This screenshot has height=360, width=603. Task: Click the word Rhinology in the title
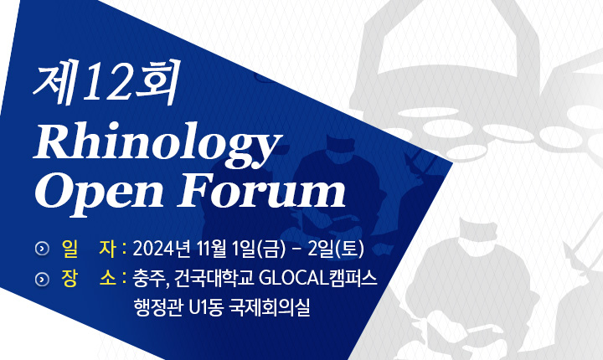(x=157, y=144)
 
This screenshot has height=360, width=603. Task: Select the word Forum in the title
(x=261, y=190)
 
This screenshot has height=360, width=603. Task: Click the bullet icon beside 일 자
(x=42, y=249)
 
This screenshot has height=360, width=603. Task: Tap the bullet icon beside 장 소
(x=42, y=279)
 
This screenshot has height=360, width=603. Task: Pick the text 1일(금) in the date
(x=259, y=249)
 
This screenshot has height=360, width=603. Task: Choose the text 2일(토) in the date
(x=336, y=249)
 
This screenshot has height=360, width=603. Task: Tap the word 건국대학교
(x=213, y=279)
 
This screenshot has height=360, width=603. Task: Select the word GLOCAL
(x=292, y=279)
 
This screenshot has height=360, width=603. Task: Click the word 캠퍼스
(x=353, y=279)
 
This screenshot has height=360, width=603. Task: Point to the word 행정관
(x=157, y=307)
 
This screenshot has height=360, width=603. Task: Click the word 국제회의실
(x=269, y=307)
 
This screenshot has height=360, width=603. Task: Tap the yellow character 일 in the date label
(x=70, y=249)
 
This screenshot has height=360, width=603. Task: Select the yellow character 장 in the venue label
(x=70, y=279)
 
